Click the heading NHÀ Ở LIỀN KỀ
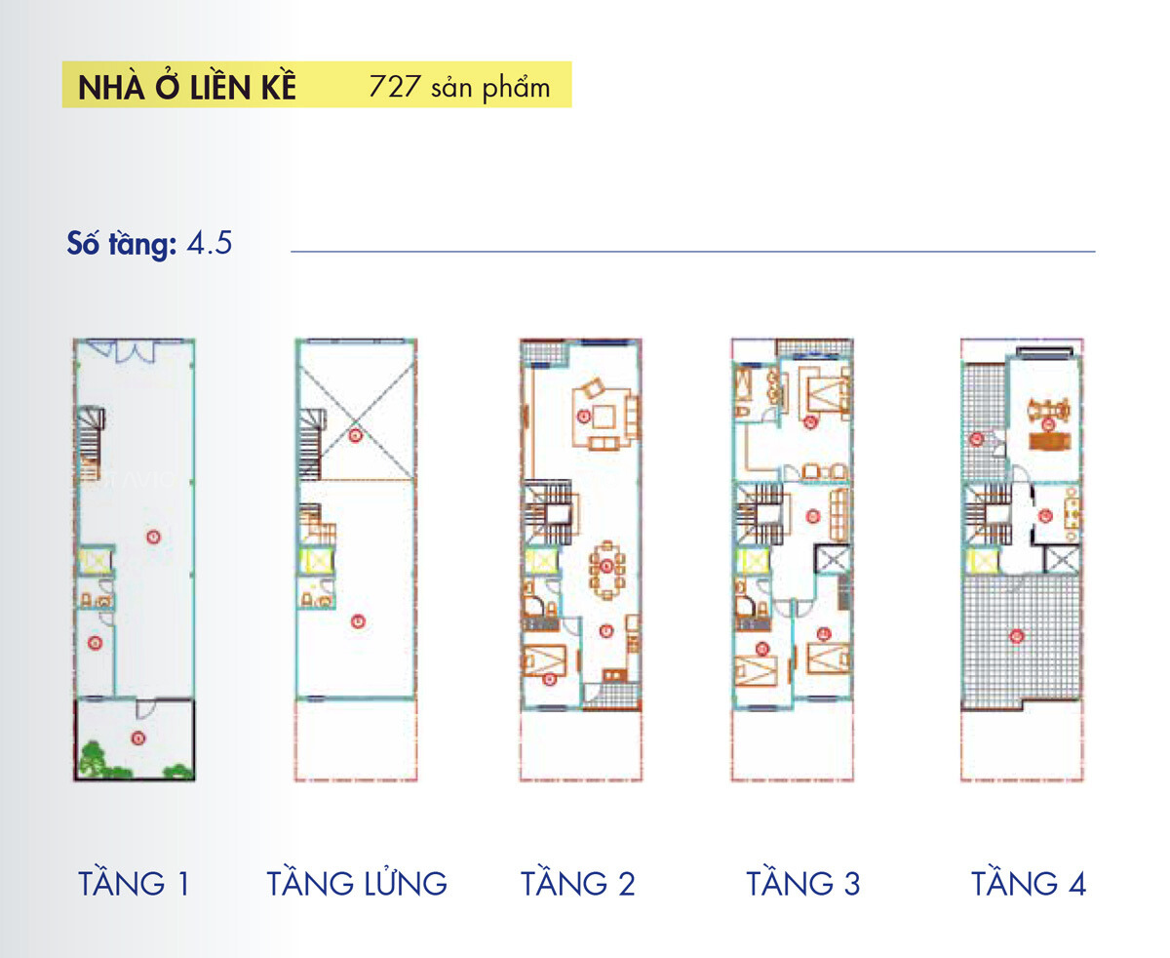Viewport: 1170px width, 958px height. (186, 87)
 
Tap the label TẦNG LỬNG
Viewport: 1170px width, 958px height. (357, 884)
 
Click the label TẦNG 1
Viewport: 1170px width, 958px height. (134, 884)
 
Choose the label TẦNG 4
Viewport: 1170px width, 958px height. (1029, 884)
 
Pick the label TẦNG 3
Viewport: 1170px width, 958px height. (803, 884)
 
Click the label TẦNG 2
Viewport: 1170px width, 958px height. (577, 884)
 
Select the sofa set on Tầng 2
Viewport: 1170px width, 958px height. (605, 416)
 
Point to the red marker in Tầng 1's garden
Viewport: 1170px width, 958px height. (138, 738)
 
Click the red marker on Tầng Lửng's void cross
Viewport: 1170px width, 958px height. (357, 435)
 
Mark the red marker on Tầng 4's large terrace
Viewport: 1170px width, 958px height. (1017, 637)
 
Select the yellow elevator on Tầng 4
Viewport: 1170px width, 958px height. (982, 561)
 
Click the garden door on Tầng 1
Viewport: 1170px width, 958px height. (143, 704)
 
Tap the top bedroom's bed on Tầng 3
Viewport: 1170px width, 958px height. (829, 395)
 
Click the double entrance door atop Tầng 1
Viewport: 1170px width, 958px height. (133, 349)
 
